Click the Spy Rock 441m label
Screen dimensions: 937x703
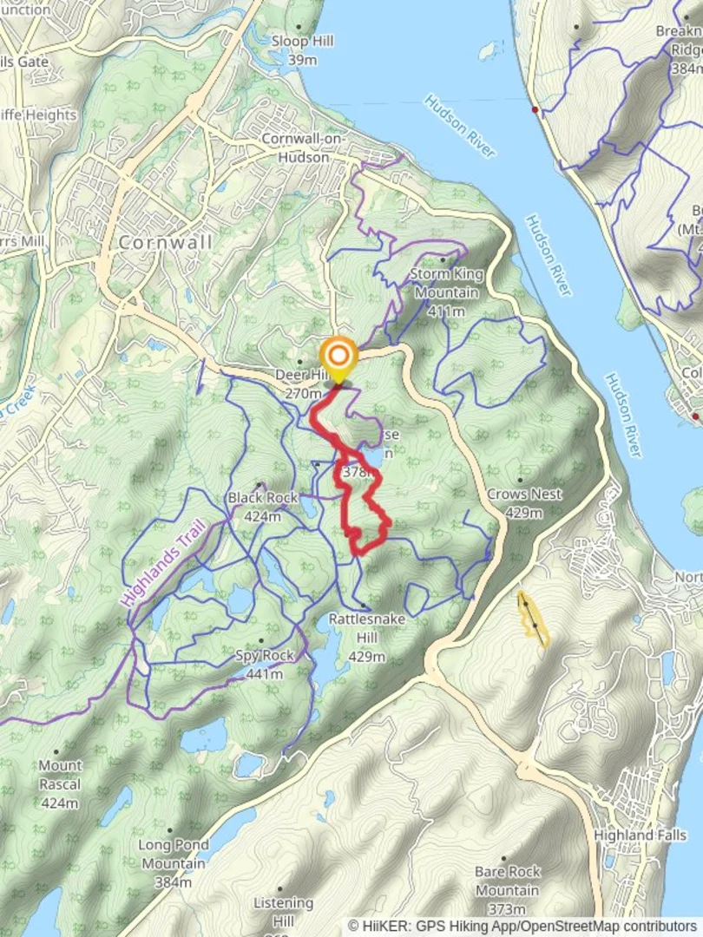click(x=265, y=665)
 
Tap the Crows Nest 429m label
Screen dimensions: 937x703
click(x=523, y=503)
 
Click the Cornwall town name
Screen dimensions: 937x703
click(x=166, y=242)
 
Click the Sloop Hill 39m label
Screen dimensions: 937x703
click(x=302, y=50)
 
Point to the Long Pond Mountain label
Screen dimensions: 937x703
click(x=174, y=854)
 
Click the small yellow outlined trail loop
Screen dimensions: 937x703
click(x=532, y=619)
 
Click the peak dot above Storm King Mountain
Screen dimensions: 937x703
click(x=443, y=259)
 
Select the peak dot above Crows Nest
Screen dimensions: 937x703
click(x=520, y=479)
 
